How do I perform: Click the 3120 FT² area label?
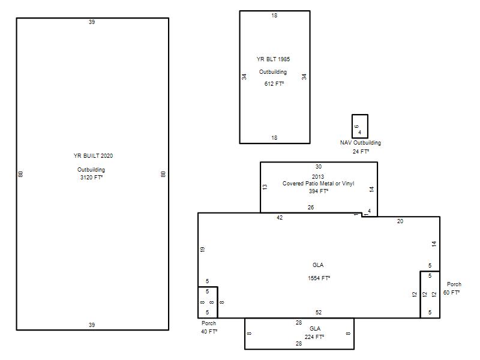[91, 177]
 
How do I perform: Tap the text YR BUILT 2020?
[93, 155]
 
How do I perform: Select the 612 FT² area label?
[274, 83]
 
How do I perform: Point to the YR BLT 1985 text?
[273, 59]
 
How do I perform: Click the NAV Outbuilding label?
[361, 143]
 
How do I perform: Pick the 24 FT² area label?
[361, 152]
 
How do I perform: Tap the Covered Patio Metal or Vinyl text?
[318, 184]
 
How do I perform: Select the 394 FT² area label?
[319, 191]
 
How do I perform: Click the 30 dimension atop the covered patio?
[319, 167]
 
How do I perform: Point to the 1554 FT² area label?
[319, 278]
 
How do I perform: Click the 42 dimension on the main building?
[280, 218]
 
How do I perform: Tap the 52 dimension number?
[319, 312]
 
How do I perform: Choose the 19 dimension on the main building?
[202, 249]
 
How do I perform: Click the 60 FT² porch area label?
[451, 293]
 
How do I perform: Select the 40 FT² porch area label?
[209, 332]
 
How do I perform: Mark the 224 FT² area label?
[314, 337]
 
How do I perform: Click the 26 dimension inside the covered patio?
[311, 207]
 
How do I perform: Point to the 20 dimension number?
[400, 221]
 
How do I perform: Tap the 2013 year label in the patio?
[318, 176]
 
